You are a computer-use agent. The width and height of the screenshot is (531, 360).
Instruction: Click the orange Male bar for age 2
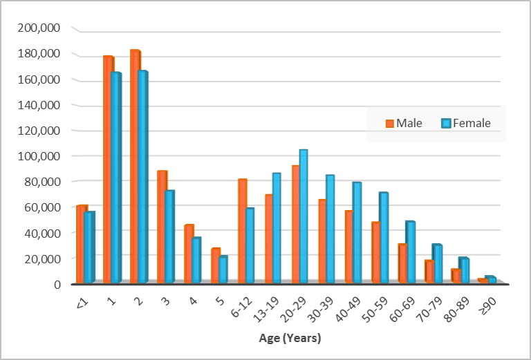(x=135, y=166)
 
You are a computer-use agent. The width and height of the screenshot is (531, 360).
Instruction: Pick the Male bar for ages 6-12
(x=242, y=231)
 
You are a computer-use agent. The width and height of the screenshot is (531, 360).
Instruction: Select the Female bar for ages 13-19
(x=276, y=227)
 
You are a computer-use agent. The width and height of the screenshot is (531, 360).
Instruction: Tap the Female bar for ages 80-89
(x=464, y=270)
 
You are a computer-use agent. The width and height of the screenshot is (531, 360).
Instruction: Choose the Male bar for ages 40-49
(x=349, y=246)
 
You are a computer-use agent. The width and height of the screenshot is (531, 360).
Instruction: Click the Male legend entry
(x=404, y=123)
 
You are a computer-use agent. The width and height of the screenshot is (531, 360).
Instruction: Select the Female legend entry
(x=466, y=123)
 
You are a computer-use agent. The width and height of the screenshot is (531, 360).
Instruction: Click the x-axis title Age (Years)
(x=289, y=339)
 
